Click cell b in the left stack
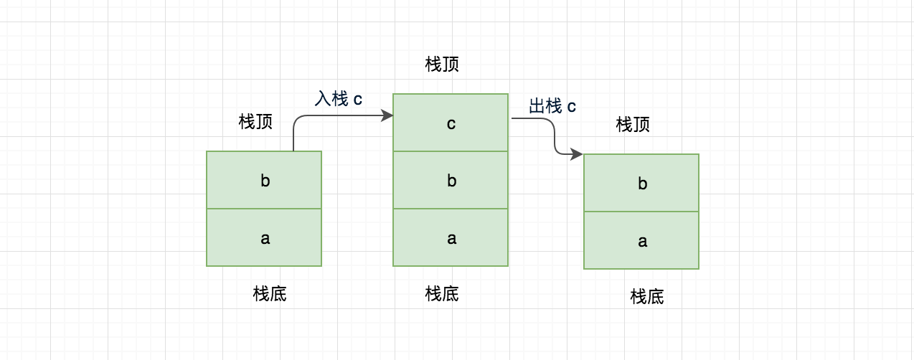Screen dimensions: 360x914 264,180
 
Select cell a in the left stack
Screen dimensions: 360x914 264,237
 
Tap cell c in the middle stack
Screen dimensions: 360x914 451,123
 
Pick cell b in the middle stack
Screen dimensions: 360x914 451,180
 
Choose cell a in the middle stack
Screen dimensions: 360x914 451,237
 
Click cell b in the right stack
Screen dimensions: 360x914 641,183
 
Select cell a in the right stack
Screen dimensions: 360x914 641,240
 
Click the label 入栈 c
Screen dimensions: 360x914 338,98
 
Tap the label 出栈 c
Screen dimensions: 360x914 552,106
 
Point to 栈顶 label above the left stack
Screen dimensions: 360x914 255,121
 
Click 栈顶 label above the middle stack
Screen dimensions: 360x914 442,65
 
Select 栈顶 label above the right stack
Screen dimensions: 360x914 633,124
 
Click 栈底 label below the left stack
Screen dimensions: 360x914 270,293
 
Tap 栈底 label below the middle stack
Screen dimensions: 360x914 442,293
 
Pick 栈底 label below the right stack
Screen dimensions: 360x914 647,296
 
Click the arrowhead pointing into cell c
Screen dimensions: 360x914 387,115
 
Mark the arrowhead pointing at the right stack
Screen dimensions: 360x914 577,154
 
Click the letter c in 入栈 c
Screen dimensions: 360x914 357,99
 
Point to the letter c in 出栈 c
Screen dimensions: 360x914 572,107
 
